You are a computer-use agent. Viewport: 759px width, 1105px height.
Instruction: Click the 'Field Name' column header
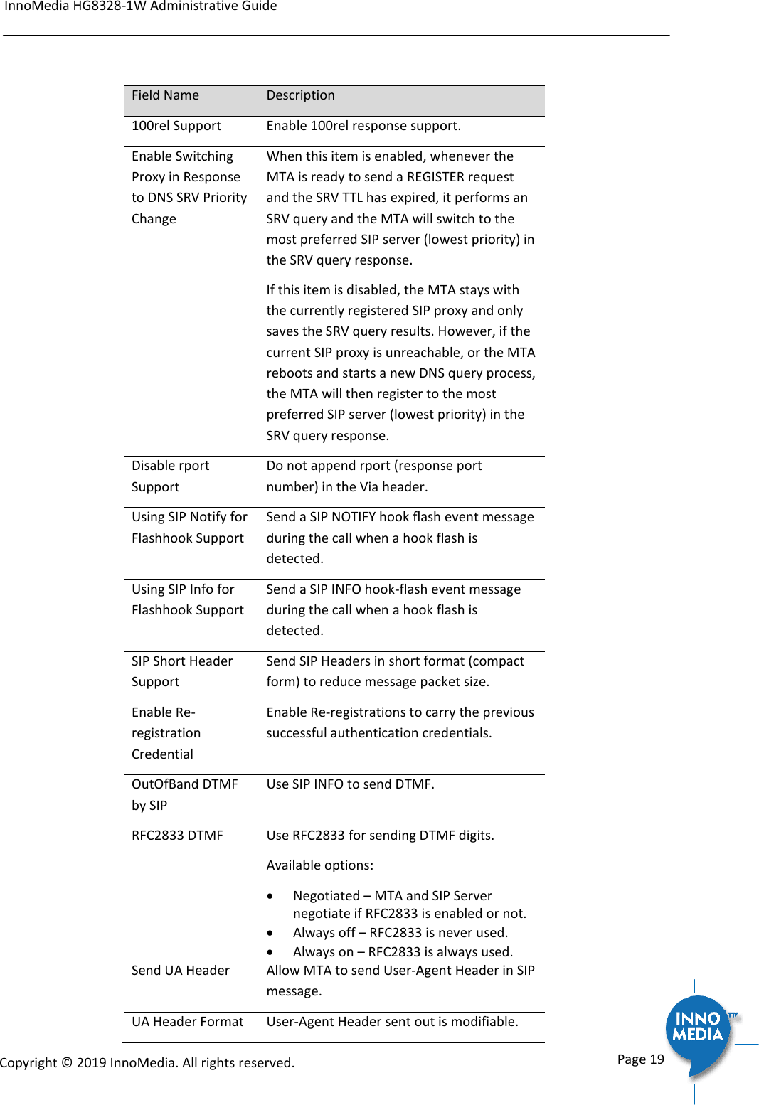click(x=165, y=95)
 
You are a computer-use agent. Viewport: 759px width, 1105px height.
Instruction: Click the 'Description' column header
click(x=300, y=95)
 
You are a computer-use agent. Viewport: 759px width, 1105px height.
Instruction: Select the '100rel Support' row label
click(x=176, y=126)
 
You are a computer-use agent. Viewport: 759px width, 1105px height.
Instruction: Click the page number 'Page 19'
click(x=640, y=1059)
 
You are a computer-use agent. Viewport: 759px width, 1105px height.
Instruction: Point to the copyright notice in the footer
click(x=147, y=1062)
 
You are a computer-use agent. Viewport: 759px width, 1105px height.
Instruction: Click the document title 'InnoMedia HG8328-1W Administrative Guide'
click(x=141, y=6)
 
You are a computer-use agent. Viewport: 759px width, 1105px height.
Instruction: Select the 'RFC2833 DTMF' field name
click(x=177, y=836)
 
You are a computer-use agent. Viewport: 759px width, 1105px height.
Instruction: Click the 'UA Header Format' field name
click(x=187, y=1022)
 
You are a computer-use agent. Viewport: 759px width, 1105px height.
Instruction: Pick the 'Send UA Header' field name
click(x=180, y=971)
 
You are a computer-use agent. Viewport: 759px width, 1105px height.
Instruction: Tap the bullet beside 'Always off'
click(x=270, y=933)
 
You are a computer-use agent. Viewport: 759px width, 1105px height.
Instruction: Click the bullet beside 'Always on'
click(x=270, y=952)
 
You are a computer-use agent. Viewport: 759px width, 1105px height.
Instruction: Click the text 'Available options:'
click(x=319, y=865)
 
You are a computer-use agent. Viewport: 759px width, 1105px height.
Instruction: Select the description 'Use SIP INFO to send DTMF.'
click(x=350, y=784)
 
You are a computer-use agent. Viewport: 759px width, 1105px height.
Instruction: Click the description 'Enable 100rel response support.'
click(x=363, y=126)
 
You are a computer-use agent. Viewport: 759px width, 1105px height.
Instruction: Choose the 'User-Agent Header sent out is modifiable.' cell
click(x=392, y=1022)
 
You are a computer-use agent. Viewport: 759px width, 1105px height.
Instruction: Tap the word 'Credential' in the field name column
click(x=162, y=754)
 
